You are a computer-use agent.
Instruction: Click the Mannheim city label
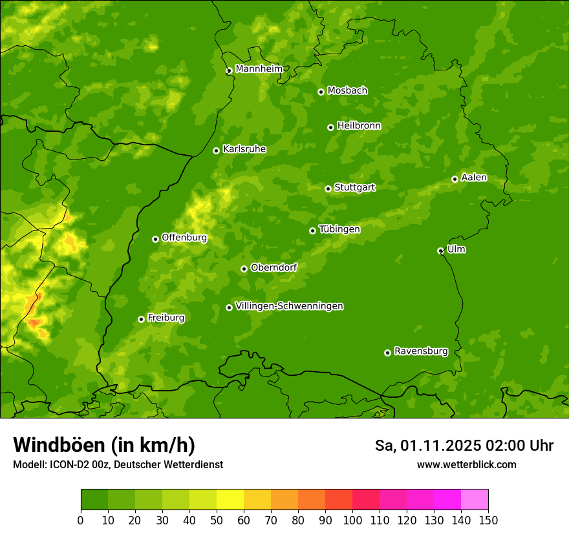point(259,69)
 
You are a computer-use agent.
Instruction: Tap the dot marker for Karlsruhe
point(216,150)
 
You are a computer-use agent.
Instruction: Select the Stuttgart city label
point(354,187)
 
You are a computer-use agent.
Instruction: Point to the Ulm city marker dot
point(440,251)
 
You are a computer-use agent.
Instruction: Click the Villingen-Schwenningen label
point(289,306)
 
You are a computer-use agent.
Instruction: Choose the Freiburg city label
point(166,318)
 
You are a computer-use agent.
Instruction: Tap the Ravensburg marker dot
point(387,353)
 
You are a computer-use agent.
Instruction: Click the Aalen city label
point(474,178)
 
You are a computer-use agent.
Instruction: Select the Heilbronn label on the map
point(359,126)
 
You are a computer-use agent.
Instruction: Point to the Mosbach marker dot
point(321,92)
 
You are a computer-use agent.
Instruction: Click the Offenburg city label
point(184,238)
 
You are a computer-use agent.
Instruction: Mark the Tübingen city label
point(339,229)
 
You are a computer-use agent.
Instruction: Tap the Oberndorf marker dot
point(244,269)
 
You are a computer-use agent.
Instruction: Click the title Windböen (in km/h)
point(104,445)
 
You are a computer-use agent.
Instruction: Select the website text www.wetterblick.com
point(466,464)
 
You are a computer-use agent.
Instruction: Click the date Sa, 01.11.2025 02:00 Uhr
point(464,446)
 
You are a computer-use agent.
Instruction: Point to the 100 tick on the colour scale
point(352,520)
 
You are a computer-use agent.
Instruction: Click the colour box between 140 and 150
point(475,500)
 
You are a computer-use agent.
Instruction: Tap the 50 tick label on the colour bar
point(216,520)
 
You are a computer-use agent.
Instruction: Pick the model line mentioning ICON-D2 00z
point(118,464)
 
